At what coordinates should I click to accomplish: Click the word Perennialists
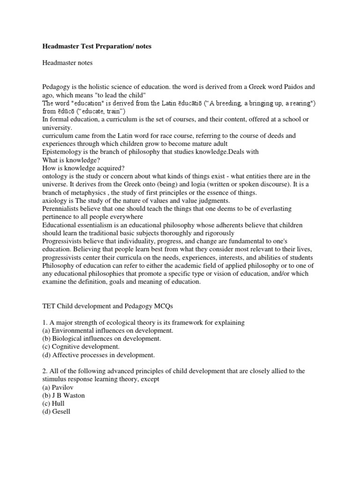[63, 209]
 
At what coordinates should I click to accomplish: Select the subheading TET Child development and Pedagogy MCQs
[114, 307]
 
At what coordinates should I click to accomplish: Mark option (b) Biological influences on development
[102, 338]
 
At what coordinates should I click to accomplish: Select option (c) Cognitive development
[81, 346]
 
